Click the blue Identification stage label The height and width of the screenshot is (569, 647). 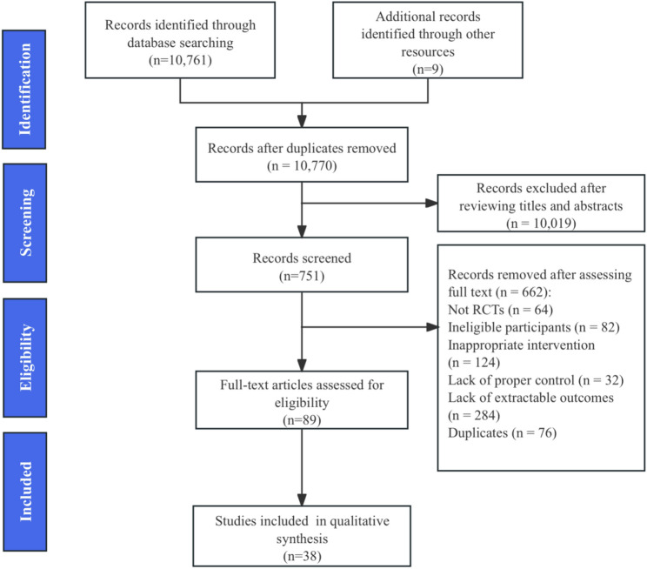(x=24, y=90)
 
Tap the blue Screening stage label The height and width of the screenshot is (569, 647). (x=24, y=223)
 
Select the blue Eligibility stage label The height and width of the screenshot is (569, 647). (x=24, y=358)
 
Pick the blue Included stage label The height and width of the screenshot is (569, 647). (x=24, y=492)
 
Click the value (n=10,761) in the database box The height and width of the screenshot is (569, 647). (x=180, y=60)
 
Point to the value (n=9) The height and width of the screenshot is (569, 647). (x=428, y=69)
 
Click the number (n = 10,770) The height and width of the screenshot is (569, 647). (x=302, y=165)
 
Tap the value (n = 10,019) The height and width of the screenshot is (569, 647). (x=541, y=223)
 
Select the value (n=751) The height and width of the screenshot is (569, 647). (x=302, y=276)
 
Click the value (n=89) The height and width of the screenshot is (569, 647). (x=302, y=420)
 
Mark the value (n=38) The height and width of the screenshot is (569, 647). (x=302, y=556)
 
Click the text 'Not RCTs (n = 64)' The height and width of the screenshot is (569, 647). (x=501, y=310)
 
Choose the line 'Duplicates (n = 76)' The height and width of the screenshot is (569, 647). (x=502, y=432)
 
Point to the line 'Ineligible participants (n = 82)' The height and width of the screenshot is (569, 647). (x=534, y=327)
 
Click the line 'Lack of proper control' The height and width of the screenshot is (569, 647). (x=511, y=380)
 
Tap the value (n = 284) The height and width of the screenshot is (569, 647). (x=474, y=415)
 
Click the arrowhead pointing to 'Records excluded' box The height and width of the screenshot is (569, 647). (x=431, y=204)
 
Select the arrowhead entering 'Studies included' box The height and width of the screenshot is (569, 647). (x=302, y=499)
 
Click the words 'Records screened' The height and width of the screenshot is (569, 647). (x=302, y=258)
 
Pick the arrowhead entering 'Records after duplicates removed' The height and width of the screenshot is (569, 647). (x=302, y=121)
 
